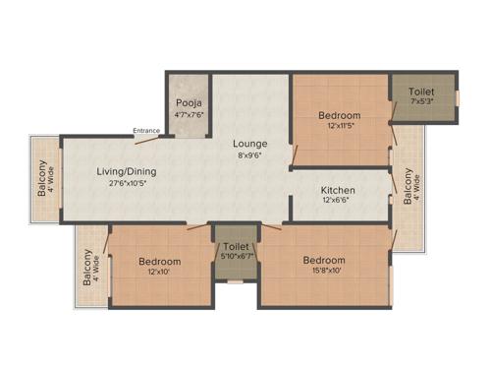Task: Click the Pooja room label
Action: [x=188, y=102]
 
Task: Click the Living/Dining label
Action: [x=126, y=171]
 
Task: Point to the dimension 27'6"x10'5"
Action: [x=126, y=183]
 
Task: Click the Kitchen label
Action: [x=338, y=190]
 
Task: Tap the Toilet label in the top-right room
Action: [x=421, y=91]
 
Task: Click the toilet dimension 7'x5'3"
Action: [x=421, y=101]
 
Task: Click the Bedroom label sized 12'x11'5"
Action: [x=340, y=115]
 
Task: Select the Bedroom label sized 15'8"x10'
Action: [x=324, y=260]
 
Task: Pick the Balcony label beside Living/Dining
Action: [x=42, y=178]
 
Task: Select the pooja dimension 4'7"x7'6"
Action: [x=188, y=113]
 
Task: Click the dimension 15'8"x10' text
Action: [x=324, y=272]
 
